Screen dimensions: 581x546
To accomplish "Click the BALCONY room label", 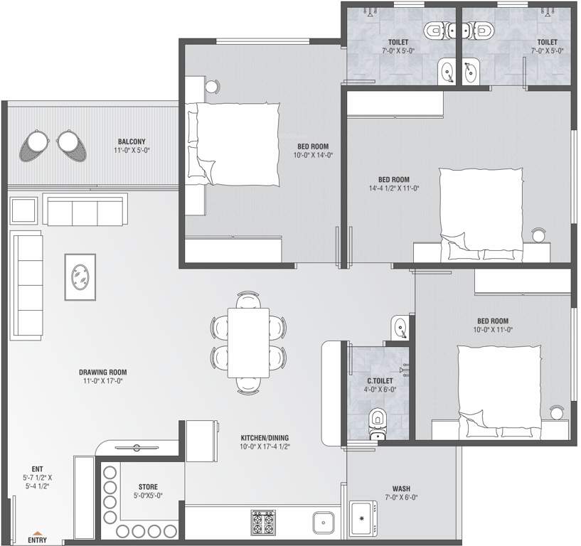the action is click(x=132, y=141).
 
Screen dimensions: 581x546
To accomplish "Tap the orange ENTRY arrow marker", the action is click(x=37, y=532).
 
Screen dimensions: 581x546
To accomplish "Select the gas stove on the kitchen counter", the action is click(x=263, y=523).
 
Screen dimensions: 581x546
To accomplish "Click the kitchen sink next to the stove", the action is click(x=323, y=523).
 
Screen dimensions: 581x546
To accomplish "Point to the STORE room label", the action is click(x=148, y=487).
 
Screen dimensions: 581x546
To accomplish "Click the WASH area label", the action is click(x=401, y=488).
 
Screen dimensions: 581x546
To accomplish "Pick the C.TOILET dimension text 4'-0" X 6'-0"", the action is click(x=380, y=390).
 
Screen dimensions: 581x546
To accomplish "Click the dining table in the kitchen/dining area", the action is click(x=248, y=343).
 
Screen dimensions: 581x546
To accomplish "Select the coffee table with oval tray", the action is click(x=80, y=277).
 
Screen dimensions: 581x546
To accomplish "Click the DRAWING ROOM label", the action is click(x=102, y=373).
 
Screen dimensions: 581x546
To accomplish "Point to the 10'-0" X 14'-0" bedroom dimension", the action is click(x=313, y=155).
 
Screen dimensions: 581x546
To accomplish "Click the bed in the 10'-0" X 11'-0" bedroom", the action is click(x=499, y=391).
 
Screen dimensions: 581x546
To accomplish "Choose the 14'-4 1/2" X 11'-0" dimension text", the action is click(x=394, y=188).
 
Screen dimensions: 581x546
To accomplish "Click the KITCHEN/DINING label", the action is click(x=265, y=438).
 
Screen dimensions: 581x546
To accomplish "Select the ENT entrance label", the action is click(x=37, y=469).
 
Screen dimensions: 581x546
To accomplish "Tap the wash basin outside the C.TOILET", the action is click(x=400, y=327).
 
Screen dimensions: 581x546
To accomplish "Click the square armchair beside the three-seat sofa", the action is click(x=23, y=210).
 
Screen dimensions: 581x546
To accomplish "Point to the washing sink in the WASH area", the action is click(x=363, y=518).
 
